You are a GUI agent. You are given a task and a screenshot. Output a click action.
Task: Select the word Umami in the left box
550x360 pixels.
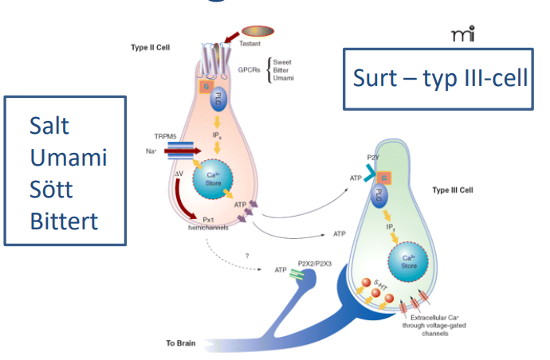coord(69,157)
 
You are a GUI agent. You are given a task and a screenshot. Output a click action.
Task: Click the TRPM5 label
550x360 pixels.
coord(166,137)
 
